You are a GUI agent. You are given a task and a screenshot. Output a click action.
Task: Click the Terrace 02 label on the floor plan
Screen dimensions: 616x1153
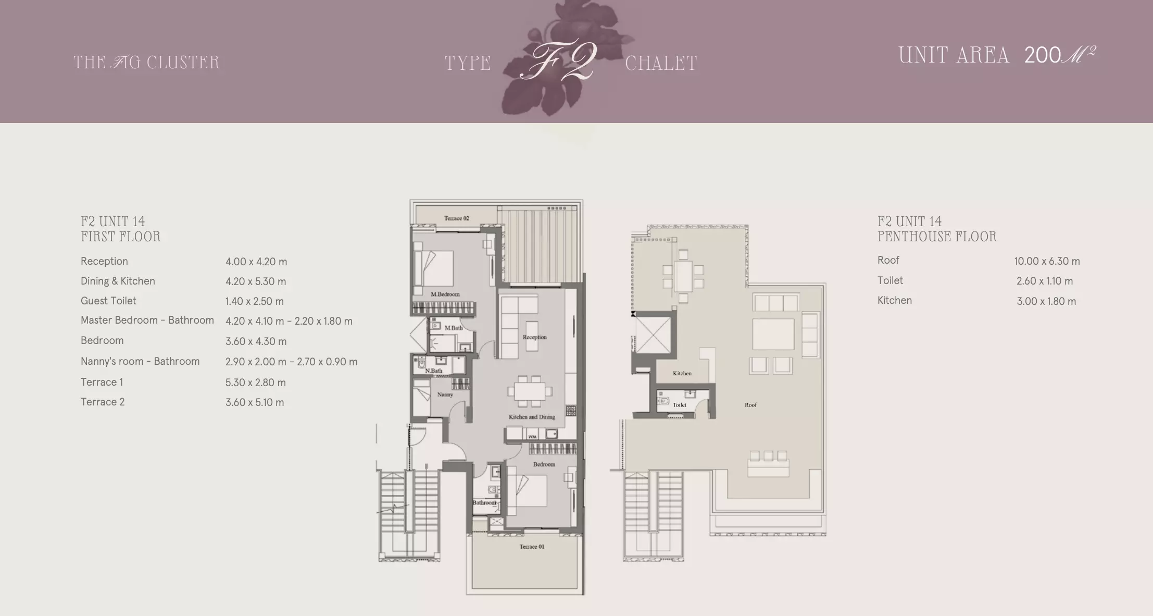pyautogui.click(x=456, y=218)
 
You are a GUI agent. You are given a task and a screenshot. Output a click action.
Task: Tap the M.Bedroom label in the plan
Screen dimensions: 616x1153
pyautogui.click(x=445, y=294)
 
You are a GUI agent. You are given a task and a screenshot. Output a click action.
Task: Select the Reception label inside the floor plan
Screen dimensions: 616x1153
pyautogui.click(x=534, y=337)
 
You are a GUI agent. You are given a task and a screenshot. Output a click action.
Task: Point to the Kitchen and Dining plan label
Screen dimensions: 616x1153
pyautogui.click(x=532, y=417)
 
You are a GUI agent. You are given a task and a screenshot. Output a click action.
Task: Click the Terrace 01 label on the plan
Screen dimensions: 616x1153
pyautogui.click(x=532, y=547)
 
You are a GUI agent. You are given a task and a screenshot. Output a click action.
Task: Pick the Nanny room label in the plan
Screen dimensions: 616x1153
pyautogui.click(x=445, y=395)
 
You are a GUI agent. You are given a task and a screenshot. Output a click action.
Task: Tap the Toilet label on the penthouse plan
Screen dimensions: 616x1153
pyautogui.click(x=679, y=405)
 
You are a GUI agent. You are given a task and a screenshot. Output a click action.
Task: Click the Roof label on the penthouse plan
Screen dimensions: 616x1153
pyautogui.click(x=750, y=405)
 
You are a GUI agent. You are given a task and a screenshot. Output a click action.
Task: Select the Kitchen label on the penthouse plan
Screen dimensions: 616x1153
pyautogui.click(x=682, y=373)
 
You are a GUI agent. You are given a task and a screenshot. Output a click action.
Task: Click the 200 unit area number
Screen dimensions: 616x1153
pyautogui.click(x=1042, y=55)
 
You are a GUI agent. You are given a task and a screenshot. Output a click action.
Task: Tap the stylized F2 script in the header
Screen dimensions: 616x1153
pyautogui.click(x=558, y=61)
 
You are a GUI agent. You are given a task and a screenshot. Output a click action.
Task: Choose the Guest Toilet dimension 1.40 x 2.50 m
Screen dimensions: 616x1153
pyautogui.click(x=254, y=301)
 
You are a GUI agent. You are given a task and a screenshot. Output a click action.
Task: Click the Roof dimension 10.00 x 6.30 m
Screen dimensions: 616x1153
pyautogui.click(x=1047, y=261)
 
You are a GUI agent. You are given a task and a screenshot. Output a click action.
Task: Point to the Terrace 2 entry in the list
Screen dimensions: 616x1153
pyautogui.click(x=103, y=402)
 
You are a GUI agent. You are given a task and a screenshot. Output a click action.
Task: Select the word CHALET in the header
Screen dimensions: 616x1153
pyautogui.click(x=661, y=64)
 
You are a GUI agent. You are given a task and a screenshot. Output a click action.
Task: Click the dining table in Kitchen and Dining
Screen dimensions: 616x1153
pyautogui.click(x=529, y=391)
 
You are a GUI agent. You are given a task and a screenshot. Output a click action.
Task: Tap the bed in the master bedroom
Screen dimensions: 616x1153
pyautogui.click(x=434, y=268)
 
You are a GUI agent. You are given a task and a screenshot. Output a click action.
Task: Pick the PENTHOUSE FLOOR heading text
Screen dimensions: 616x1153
pyautogui.click(x=936, y=237)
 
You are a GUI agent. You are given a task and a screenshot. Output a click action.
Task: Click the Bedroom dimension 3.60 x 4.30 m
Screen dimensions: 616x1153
pyautogui.click(x=256, y=341)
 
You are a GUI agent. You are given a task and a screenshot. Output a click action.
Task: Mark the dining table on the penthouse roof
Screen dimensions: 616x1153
pyautogui.click(x=683, y=277)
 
